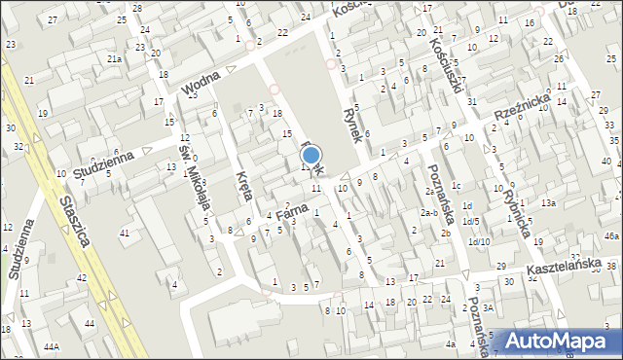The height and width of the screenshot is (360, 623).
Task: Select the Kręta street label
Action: pos(244,186)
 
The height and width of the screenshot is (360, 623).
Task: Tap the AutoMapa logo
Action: pos(562,340)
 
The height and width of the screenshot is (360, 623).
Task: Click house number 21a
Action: pos(114,59)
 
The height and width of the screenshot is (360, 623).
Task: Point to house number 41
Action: pos(125,233)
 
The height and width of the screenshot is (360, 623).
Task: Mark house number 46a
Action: pos(610,236)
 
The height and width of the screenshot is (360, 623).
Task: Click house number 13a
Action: pos(549,202)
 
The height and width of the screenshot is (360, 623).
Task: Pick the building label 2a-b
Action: pos(428,213)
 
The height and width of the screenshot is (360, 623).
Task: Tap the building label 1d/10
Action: pos(479,241)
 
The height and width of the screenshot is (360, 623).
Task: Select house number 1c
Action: pos(456,186)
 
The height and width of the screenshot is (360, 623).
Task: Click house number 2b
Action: pos(445,233)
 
